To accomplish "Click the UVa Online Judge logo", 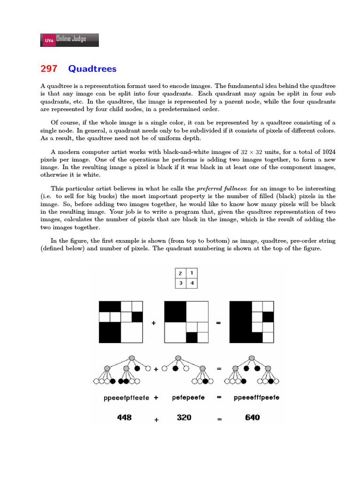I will [70, 40].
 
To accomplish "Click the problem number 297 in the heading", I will [49, 69].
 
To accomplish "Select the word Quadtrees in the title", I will [92, 69].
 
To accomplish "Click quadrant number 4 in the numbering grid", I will [191, 284].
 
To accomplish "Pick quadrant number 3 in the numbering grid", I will [180, 284].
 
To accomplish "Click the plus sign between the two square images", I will [153, 323].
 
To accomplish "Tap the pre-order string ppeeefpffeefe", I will [126, 397].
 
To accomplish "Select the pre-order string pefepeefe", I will [188, 397].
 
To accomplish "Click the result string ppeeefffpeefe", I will [256, 397].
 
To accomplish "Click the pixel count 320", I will [184, 417].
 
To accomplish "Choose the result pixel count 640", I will [252, 417].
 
